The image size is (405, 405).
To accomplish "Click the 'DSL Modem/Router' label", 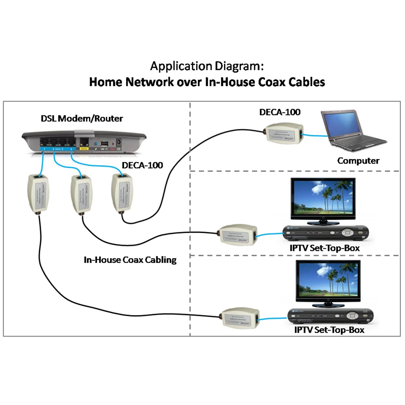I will [x=82, y=118].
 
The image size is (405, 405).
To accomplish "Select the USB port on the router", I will [x=105, y=144].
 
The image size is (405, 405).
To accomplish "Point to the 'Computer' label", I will [x=358, y=161].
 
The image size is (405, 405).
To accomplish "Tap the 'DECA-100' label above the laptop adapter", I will [x=280, y=112].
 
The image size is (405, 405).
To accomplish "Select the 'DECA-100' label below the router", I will [x=142, y=165].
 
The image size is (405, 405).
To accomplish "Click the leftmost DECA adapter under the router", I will [x=38, y=194].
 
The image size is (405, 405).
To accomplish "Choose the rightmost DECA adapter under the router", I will [x=122, y=192].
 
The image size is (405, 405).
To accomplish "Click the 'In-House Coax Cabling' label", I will [x=130, y=260].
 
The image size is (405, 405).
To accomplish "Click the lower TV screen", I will [x=328, y=280].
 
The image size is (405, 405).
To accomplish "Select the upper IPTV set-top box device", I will [x=325, y=233].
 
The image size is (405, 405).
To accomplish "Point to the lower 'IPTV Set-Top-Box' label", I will [x=329, y=330].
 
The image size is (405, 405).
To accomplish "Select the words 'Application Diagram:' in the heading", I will [x=207, y=66].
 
